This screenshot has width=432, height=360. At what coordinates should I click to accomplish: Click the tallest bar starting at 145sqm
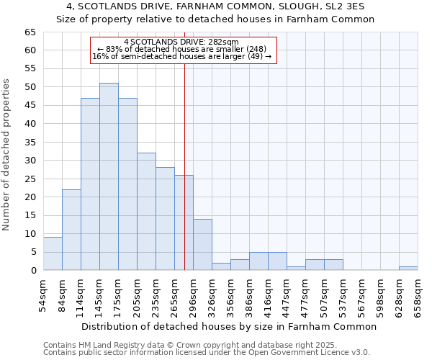(x=109, y=176)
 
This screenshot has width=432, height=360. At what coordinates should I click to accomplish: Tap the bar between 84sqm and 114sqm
(x=71, y=230)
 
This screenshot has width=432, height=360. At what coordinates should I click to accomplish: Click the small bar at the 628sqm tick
(x=408, y=269)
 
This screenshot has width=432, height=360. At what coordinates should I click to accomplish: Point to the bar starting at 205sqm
(x=146, y=212)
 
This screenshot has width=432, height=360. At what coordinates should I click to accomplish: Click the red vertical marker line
(x=184, y=144)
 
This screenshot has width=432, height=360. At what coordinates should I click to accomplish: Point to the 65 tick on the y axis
(x=30, y=32)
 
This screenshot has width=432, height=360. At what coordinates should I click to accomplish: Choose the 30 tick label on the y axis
(x=30, y=161)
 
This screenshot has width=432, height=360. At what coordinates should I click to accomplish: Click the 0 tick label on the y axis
(x=32, y=271)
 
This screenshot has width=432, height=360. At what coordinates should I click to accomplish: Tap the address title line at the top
(x=215, y=6)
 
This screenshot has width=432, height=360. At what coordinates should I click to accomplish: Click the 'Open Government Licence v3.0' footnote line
(x=207, y=353)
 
